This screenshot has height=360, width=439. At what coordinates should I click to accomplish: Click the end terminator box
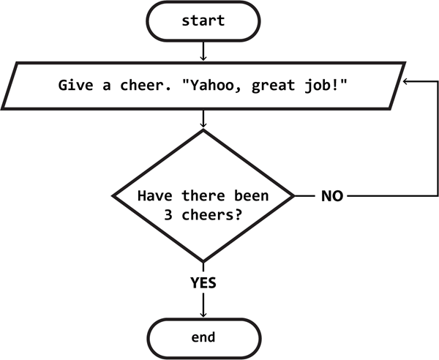[203, 337]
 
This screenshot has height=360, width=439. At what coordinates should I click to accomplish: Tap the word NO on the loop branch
[331, 197]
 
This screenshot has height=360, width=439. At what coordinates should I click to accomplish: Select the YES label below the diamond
[203, 280]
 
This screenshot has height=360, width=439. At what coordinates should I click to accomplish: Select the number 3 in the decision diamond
[170, 216]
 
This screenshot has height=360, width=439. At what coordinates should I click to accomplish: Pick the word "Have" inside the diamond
[152, 197]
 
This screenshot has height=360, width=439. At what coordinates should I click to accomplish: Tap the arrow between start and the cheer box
[203, 51]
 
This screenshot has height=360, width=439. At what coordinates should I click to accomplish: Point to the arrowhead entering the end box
[203, 314]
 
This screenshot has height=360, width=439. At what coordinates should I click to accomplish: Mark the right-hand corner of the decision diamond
[293, 197]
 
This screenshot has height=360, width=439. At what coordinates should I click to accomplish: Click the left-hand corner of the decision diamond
[113, 197]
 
